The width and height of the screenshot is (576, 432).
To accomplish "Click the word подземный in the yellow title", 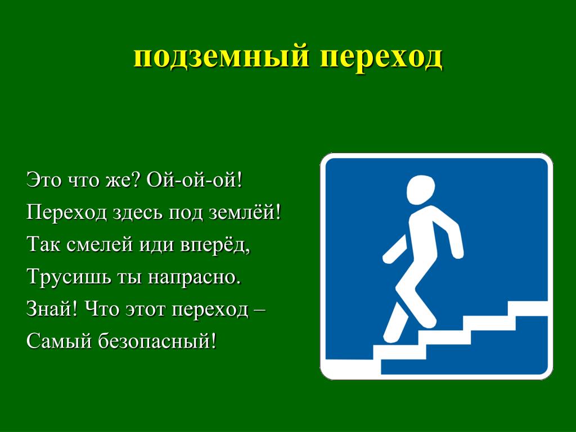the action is (222, 57).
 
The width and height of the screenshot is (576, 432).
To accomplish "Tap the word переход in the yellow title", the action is (381, 57).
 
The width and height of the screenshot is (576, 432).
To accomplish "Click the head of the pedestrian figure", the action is (421, 188).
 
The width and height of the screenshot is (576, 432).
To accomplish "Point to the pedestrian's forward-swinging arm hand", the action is (457, 253).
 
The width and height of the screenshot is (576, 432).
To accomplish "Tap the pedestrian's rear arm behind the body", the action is (395, 250).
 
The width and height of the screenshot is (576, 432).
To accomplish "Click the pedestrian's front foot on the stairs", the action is (428, 322).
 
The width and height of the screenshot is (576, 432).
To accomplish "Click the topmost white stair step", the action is (528, 308).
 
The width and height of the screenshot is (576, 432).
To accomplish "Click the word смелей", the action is (100, 245).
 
